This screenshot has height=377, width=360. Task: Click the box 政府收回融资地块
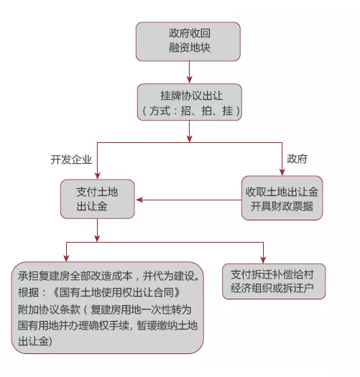[x=188, y=42]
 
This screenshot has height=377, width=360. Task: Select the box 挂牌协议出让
[x=190, y=102]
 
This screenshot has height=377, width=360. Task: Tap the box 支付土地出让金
[x=98, y=199]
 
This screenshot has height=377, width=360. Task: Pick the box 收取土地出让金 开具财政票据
[x=282, y=198]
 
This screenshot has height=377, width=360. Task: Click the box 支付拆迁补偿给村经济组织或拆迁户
[x=274, y=281]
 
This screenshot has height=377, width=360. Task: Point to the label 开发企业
[x=71, y=159]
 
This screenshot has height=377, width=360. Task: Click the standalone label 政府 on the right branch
[x=297, y=159]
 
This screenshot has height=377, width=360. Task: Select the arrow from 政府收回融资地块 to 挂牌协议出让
[x=190, y=72]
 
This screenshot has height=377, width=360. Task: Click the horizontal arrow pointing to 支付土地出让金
[x=189, y=200]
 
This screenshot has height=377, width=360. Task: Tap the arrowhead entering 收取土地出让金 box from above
[x=282, y=172]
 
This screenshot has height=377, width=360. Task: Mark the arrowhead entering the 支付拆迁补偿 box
[x=263, y=260]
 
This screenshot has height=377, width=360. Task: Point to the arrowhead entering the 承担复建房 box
[x=66, y=258]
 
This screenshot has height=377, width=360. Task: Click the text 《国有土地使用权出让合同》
[x=116, y=292]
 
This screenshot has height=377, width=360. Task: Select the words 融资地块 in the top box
[x=190, y=47]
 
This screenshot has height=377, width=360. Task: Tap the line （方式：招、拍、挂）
[x=191, y=111]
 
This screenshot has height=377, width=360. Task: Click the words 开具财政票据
[x=282, y=206]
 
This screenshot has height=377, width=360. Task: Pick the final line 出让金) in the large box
[x=35, y=341]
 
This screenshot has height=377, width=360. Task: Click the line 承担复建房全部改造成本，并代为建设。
[x=109, y=276]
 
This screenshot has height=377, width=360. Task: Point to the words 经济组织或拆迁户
[x=272, y=288]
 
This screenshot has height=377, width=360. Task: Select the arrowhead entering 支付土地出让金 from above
[x=98, y=175]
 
